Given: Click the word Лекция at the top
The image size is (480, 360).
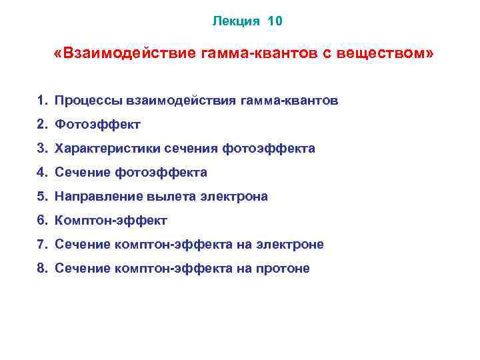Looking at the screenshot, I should [236, 21].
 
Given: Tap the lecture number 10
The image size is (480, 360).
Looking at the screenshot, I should [275, 21].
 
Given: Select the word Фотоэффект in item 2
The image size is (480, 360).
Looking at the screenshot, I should [98, 125].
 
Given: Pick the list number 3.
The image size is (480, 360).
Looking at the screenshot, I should [41, 149].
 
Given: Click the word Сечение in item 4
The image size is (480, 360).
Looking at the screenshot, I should [83, 173].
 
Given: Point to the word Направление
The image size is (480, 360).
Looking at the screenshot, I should [96, 197].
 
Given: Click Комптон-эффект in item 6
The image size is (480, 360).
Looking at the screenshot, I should [111, 221].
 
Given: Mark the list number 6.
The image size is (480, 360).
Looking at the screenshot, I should [41, 221].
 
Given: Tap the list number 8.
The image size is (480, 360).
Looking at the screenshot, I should [41, 269].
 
